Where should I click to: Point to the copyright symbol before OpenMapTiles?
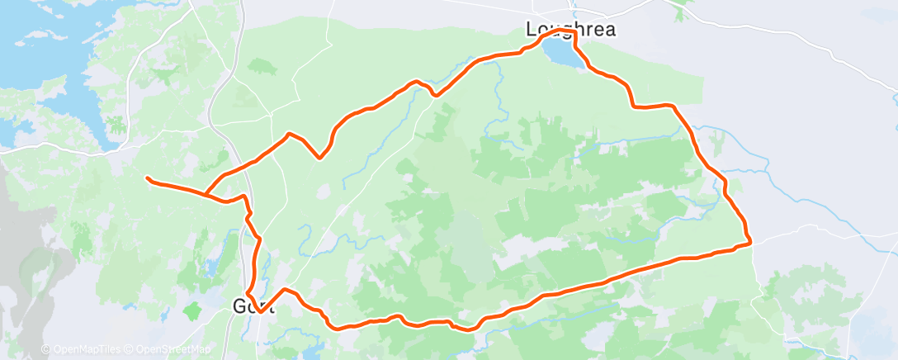(x=46, y=349)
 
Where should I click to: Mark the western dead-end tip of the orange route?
(x=147, y=178)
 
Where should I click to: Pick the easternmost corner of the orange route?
(x=750, y=242)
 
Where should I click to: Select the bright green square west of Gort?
(x=193, y=311)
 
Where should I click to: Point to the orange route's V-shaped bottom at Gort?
(x=260, y=312)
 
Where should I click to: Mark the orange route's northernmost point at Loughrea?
(x=562, y=30)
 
